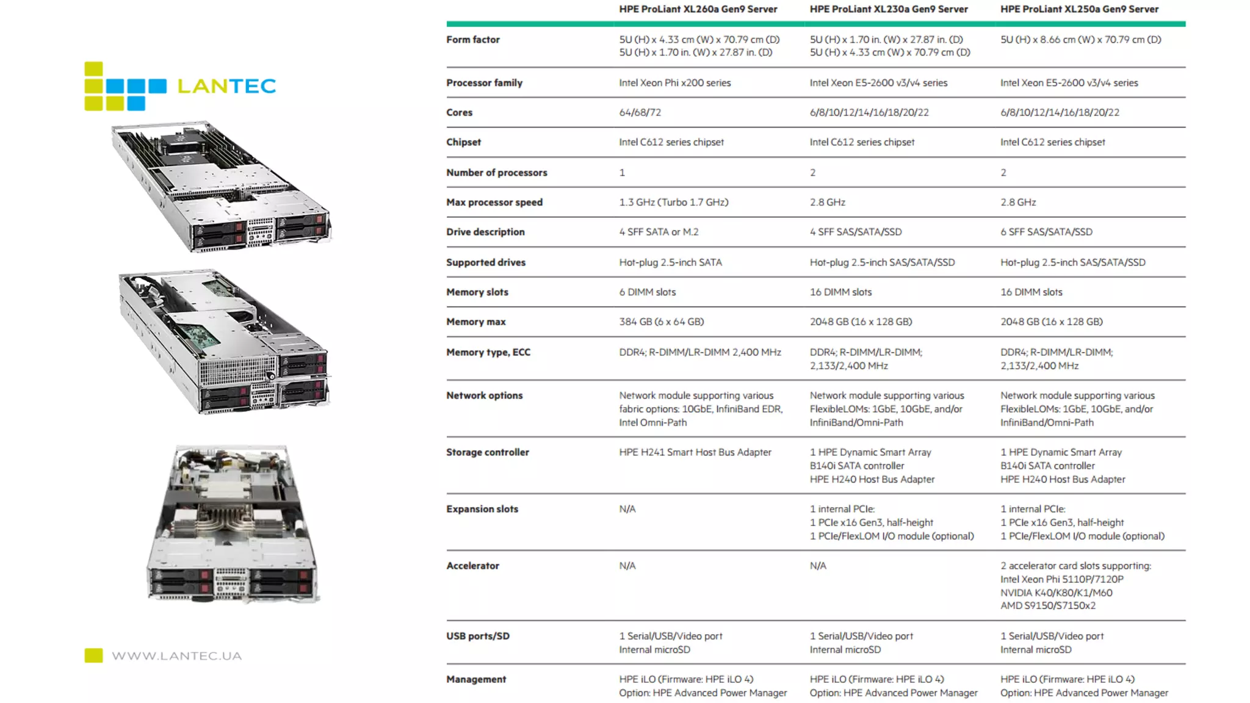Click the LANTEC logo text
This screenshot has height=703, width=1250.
click(x=226, y=86)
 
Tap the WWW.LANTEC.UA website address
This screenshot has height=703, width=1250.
click(x=176, y=656)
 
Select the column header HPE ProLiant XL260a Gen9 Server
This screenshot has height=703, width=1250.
click(x=698, y=9)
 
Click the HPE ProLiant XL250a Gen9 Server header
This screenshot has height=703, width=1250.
click(x=1079, y=9)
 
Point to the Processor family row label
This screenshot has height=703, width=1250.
click(x=484, y=83)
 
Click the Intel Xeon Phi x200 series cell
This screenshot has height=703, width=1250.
click(x=674, y=83)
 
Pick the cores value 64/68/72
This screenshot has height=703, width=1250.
click(x=640, y=112)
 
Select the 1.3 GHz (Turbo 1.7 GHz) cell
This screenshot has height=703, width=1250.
click(x=673, y=202)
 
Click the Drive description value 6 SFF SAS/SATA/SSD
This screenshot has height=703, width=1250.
click(x=1046, y=232)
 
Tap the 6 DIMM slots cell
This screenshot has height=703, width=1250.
click(x=647, y=292)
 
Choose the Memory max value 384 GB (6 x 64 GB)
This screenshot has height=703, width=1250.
click(x=661, y=322)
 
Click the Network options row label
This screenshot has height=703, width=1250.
click(x=484, y=395)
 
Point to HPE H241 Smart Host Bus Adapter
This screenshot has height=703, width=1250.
click(x=695, y=452)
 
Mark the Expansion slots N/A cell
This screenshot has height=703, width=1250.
click(x=627, y=509)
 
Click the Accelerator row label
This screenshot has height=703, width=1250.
click(x=472, y=566)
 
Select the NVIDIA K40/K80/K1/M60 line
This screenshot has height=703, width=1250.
click(x=1056, y=593)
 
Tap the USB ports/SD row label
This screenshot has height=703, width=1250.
click(x=477, y=636)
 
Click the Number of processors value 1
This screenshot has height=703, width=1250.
click(x=622, y=173)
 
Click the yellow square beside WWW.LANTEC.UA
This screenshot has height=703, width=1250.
click(x=93, y=655)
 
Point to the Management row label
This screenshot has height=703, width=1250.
click(x=475, y=679)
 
